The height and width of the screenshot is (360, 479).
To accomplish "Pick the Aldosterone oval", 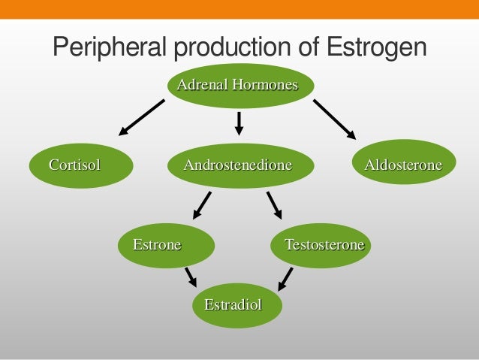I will coord(403,163).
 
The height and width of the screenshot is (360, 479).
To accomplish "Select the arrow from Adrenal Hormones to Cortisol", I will coord(141,119).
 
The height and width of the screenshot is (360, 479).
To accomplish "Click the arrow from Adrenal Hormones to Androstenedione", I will coord(239,123).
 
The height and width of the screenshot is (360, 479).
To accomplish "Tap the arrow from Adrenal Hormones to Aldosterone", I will coord(335,119).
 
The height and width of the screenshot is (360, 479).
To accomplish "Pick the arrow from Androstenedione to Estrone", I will coord(202,204).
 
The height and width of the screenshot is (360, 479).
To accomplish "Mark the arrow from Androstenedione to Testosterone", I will coord(274,204).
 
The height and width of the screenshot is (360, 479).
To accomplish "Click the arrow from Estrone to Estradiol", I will coord(191,276).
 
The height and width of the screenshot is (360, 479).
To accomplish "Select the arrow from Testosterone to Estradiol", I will coord(285,278).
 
